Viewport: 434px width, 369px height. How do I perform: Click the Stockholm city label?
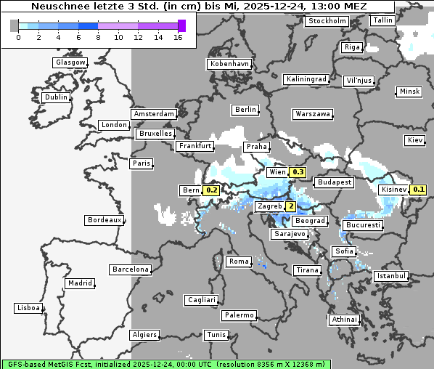click(326, 21)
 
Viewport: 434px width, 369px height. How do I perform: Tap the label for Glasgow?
click(70, 62)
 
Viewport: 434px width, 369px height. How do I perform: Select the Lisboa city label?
click(28, 308)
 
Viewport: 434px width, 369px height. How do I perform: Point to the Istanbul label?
click(391, 277)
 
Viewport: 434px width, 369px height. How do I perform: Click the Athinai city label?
click(344, 320)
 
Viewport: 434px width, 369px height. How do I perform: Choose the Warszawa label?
click(313, 114)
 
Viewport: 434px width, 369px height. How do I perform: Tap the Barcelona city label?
click(131, 269)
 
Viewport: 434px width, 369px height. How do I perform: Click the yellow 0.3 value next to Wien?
click(298, 172)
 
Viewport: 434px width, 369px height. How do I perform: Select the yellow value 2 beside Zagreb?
click(291, 206)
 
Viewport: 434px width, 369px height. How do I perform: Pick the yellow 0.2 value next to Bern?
click(212, 190)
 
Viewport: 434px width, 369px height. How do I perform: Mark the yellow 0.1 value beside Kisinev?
click(419, 190)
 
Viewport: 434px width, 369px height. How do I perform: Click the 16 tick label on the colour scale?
click(178, 37)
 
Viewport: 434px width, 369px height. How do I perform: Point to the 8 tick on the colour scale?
click(98, 37)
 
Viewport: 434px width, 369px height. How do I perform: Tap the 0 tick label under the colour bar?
click(18, 37)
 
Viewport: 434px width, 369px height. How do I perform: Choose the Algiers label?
click(144, 335)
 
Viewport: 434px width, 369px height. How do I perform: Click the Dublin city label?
click(56, 97)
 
